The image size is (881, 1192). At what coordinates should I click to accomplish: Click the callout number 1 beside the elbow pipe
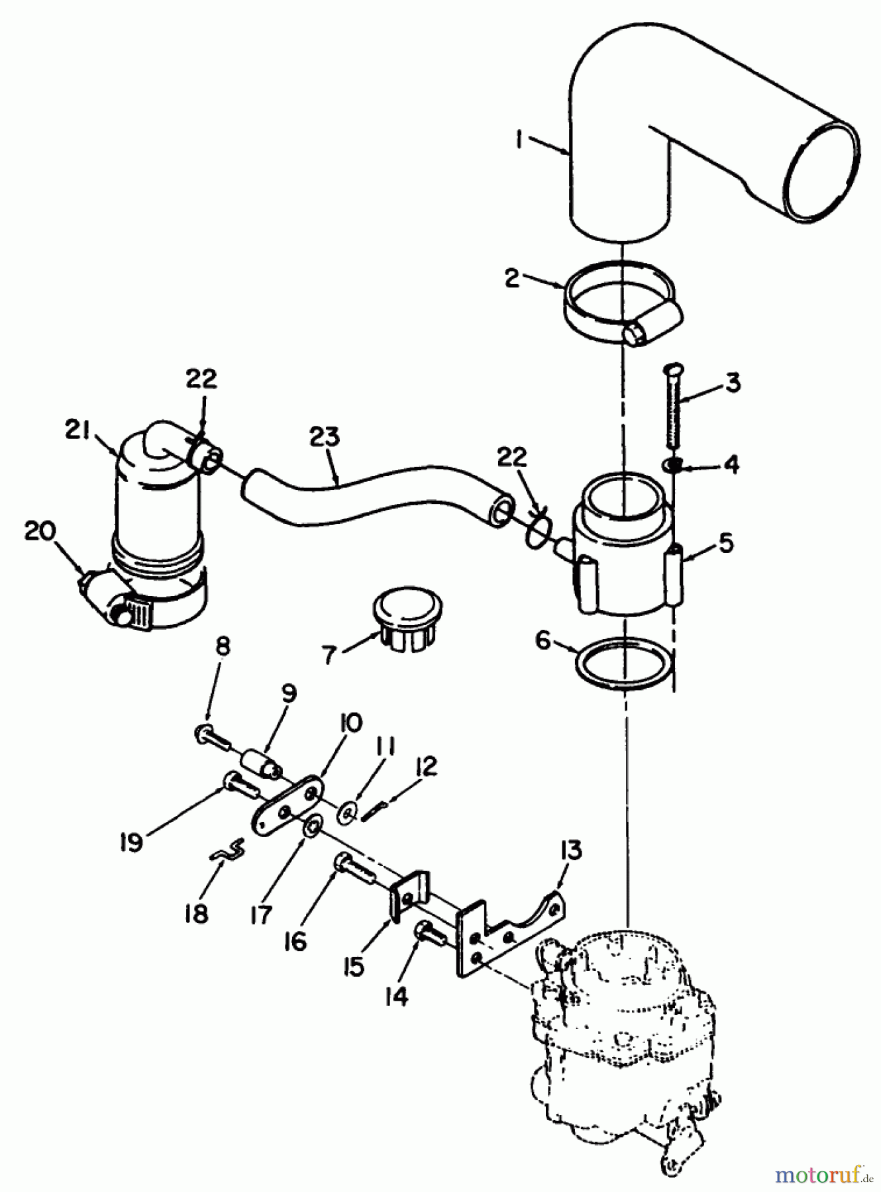pyautogui.click(x=521, y=141)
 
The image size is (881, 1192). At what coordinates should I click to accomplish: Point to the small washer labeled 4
pyautogui.click(x=671, y=465)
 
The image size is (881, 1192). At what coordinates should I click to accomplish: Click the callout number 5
pyautogui.click(x=727, y=543)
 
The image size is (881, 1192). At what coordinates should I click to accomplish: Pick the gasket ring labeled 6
pyautogui.click(x=623, y=662)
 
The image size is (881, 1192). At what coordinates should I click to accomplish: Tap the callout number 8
pyautogui.click(x=223, y=647)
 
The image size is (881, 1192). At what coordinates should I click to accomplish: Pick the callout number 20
pyautogui.click(x=40, y=532)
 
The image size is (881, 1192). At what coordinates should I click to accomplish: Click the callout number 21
pyautogui.click(x=78, y=430)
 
